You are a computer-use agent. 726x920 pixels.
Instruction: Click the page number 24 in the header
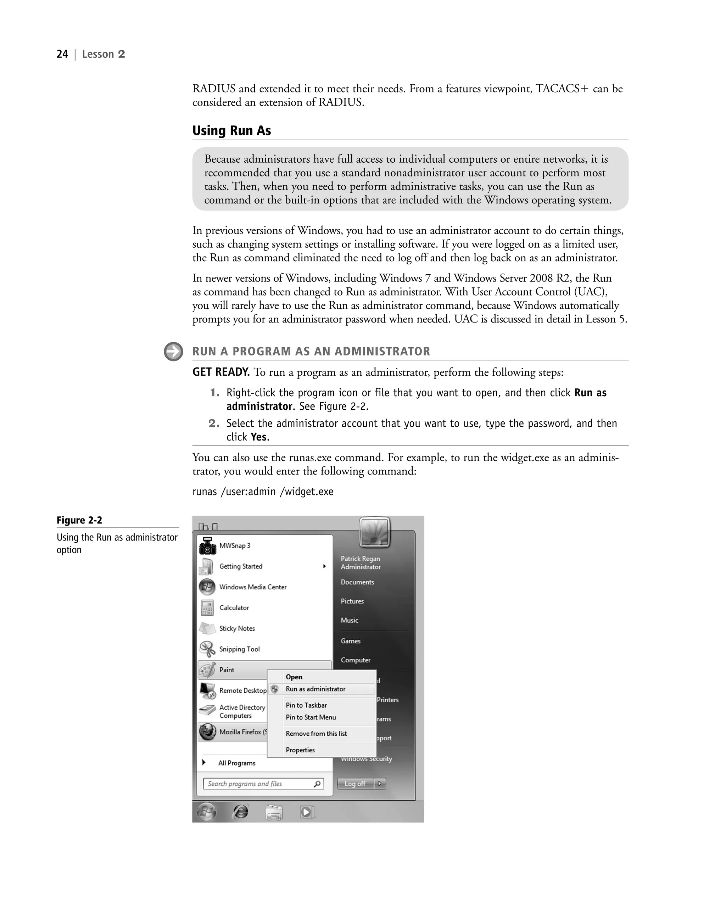point(62,54)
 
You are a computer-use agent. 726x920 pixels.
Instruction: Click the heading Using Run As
point(231,130)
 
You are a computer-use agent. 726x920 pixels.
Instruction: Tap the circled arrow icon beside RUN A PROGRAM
point(173,352)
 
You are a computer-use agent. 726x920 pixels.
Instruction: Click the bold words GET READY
point(220,372)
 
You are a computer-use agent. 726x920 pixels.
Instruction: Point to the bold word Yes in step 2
point(259,437)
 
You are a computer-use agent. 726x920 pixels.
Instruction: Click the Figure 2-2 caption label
point(79,520)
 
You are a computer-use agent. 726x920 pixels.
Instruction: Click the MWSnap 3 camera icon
point(207,546)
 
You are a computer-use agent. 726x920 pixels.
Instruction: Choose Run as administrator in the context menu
point(315,689)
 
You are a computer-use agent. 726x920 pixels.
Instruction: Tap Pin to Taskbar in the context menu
point(306,705)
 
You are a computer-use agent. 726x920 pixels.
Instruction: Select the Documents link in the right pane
point(357,582)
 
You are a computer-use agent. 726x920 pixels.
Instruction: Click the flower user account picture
point(374,532)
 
